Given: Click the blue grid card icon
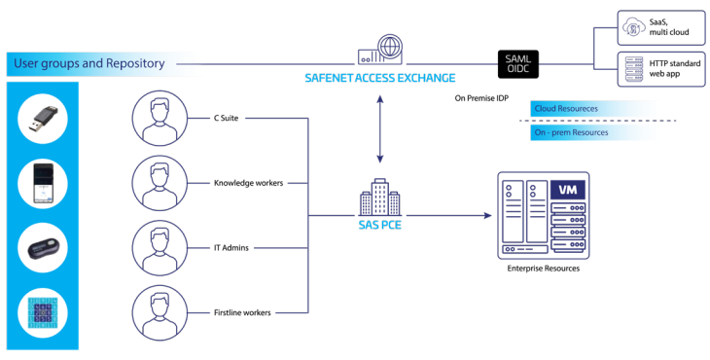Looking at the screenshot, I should [41, 313].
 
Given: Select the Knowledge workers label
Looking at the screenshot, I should [249, 182].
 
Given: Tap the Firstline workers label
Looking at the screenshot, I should [242, 312].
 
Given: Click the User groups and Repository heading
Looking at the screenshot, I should [89, 65].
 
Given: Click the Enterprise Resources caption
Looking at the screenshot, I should [544, 268].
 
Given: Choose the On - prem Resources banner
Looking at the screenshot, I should [571, 132].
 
